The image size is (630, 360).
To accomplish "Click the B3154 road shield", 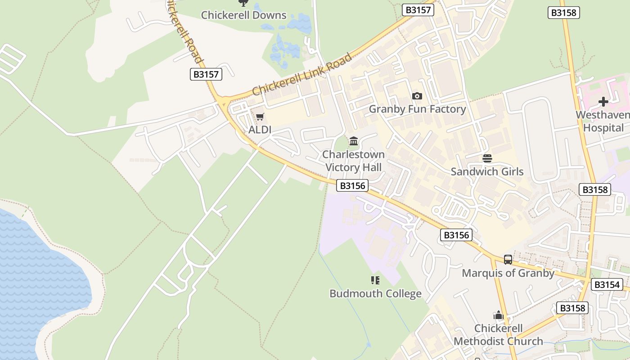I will click(607, 284).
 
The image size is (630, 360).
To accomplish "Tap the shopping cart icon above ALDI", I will click(260, 117).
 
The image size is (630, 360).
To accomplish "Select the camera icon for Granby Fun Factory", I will click(417, 96).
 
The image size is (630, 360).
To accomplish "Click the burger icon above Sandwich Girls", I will click(487, 158).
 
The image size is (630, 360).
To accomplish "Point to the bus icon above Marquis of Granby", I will click(508, 259).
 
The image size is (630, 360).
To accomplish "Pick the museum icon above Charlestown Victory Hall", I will click(354, 141).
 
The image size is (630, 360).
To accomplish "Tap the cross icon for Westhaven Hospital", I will click(603, 102).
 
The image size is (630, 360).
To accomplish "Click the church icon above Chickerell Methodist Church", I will click(498, 315).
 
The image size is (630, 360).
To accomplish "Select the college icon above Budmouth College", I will click(375, 280).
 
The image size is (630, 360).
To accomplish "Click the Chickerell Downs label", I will click(243, 15).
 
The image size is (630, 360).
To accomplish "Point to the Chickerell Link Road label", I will click(302, 75).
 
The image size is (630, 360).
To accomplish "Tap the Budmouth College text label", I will click(375, 294).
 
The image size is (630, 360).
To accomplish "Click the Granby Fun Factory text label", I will click(417, 109).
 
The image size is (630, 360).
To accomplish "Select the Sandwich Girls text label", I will click(487, 171).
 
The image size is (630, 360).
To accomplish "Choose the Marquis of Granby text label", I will click(508, 273).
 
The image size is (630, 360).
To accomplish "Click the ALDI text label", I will click(260, 130).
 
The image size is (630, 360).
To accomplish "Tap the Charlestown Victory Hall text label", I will click(353, 161).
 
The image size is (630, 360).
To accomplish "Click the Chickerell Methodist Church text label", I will click(498, 335).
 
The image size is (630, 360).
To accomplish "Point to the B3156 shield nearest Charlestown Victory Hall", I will click(352, 185).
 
